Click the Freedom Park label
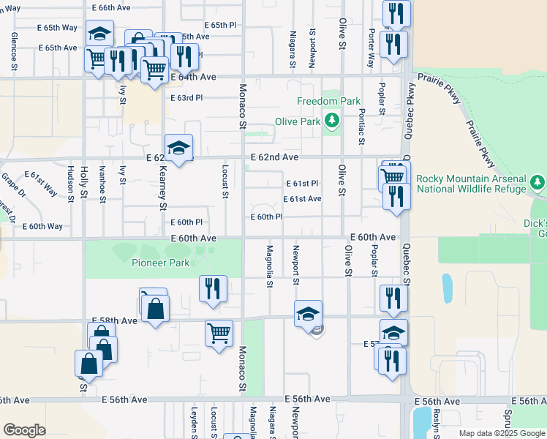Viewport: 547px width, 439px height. click(x=329, y=100)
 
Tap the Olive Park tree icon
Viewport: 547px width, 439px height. click(x=333, y=119)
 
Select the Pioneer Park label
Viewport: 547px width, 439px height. click(x=160, y=263)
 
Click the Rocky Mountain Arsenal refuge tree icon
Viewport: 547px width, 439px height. click(x=538, y=181)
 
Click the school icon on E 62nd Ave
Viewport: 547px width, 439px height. click(x=178, y=149)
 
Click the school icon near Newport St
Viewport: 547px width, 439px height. click(x=309, y=314)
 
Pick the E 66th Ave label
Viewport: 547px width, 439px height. click(x=110, y=7)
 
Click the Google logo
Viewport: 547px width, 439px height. click(x=24, y=430)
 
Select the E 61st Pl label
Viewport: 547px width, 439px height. click(x=301, y=183)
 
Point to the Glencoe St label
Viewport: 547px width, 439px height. click(x=14, y=53)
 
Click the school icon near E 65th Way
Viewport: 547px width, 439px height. click(x=99, y=34)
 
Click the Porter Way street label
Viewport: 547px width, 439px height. click(x=371, y=48)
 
